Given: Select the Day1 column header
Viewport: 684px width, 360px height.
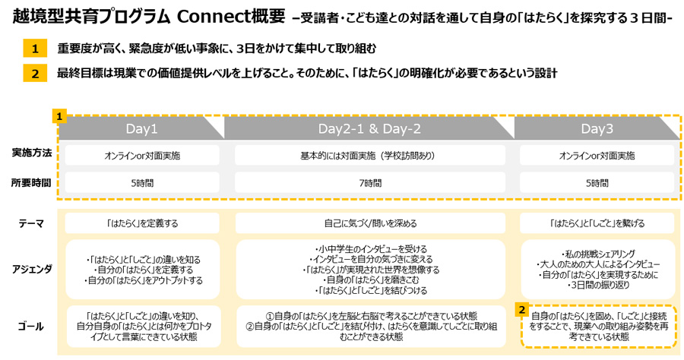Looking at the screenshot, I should tap(142, 128).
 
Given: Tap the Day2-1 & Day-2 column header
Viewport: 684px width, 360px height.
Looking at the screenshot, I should tap(369, 128).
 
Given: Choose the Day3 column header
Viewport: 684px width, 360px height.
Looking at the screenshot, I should tap(597, 128).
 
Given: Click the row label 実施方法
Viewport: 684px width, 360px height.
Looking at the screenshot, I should tap(32, 153).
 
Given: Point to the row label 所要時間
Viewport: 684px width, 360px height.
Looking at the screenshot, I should tap(32, 182).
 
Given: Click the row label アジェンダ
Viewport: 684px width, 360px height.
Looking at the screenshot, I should tap(32, 268).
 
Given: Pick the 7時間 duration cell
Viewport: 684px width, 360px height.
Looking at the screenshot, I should tap(369, 183).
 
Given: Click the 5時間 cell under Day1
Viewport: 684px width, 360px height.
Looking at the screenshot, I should tap(142, 183).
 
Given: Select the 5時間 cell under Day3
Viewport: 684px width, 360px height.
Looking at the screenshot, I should tap(597, 183).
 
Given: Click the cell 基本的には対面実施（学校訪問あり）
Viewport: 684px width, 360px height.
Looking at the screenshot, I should tap(369, 156).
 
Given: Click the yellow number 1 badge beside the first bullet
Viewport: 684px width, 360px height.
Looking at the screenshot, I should tap(34, 49).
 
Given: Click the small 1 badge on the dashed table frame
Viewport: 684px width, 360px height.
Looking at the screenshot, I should tap(59, 117).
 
